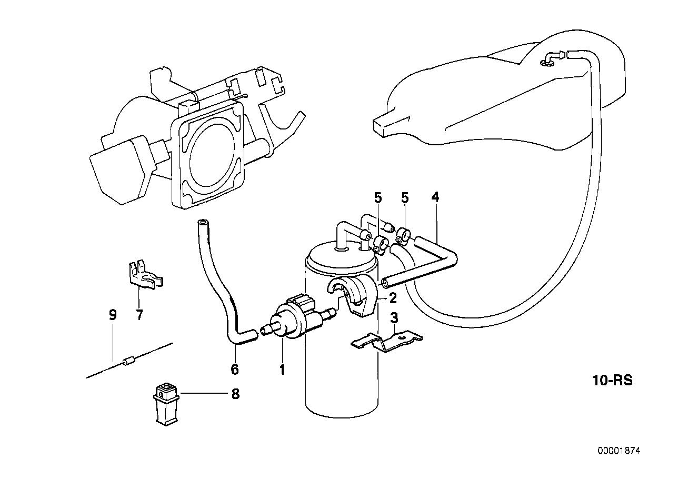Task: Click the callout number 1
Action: pyautogui.click(x=282, y=370)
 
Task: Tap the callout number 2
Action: pyautogui.click(x=393, y=298)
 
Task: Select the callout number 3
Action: pyautogui.click(x=393, y=318)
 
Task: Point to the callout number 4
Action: pyautogui.click(x=435, y=197)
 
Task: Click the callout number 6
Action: pyautogui.click(x=235, y=370)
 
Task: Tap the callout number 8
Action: pyautogui.click(x=235, y=394)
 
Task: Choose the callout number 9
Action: pyautogui.click(x=112, y=315)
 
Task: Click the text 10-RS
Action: pyautogui.click(x=611, y=380)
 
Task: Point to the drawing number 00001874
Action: pyautogui.click(x=620, y=451)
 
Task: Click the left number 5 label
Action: pyautogui.click(x=377, y=197)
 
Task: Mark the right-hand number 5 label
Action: pyautogui.click(x=405, y=197)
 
